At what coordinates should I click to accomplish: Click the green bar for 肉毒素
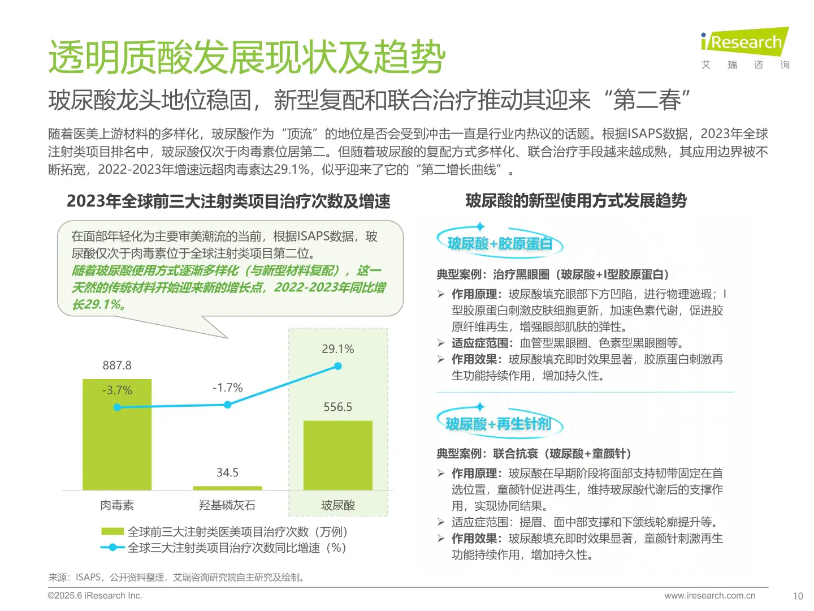click(x=117, y=441)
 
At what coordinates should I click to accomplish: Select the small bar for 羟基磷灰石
click(x=227, y=488)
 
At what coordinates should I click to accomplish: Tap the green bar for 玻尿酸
click(x=337, y=455)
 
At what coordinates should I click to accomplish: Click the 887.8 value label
click(x=117, y=365)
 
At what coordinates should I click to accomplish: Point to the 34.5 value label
click(x=227, y=472)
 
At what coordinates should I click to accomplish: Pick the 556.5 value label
click(x=337, y=407)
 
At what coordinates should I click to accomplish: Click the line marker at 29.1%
click(x=338, y=366)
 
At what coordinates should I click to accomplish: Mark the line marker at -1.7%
click(x=227, y=405)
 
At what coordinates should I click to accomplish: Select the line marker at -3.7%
click(x=117, y=407)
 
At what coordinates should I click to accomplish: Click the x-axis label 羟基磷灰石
click(x=227, y=505)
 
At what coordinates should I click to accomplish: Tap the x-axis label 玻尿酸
click(x=337, y=505)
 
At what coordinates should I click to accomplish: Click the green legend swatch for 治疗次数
click(x=112, y=532)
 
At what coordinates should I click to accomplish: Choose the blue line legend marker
click(x=112, y=548)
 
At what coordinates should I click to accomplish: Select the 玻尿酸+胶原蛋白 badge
click(x=500, y=244)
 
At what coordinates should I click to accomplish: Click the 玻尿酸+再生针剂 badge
click(x=499, y=424)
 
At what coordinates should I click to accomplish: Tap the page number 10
click(x=798, y=596)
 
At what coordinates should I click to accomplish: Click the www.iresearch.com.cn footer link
click(x=709, y=596)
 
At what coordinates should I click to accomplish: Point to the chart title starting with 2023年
click(x=228, y=201)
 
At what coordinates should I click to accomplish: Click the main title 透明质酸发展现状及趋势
click(x=247, y=57)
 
